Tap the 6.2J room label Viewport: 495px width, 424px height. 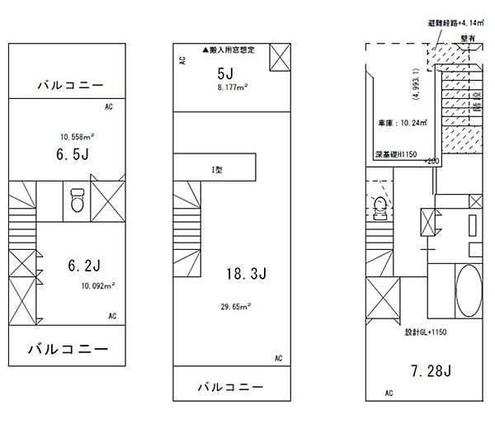83,266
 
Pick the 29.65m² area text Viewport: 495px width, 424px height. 234,304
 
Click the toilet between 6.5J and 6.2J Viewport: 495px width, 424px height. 77,199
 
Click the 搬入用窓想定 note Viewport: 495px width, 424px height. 231,50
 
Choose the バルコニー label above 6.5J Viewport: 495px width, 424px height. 68,85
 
